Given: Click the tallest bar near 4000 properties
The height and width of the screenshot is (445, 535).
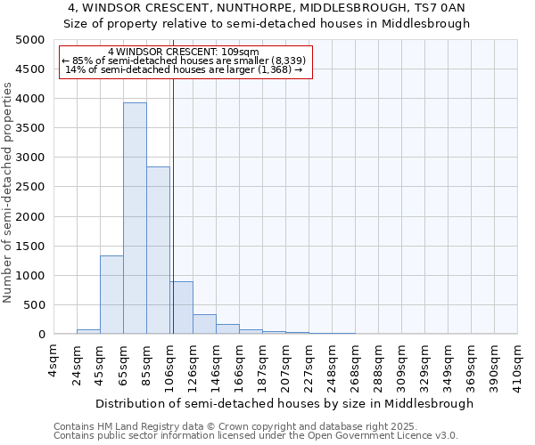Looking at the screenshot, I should (135, 218).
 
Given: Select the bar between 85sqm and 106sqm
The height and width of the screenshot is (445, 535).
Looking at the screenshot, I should (158, 250).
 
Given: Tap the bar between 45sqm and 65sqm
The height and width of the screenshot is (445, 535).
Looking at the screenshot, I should (111, 295).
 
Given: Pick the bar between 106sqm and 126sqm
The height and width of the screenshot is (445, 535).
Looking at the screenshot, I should (181, 308).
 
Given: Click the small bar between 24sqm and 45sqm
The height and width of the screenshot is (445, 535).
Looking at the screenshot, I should (88, 332).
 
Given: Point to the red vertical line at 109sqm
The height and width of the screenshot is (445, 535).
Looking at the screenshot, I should (173, 222).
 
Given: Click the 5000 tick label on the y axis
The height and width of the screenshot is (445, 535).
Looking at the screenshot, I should (30, 40).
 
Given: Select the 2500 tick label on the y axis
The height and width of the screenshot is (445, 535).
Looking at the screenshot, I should (30, 187).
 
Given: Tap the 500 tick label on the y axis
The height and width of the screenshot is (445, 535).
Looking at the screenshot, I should (34, 305).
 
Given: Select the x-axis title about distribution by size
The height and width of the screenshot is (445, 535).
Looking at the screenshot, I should (284, 403).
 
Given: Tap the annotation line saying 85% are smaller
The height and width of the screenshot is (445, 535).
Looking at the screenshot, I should (185, 61).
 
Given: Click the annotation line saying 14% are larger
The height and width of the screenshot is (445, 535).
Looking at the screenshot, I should (185, 69).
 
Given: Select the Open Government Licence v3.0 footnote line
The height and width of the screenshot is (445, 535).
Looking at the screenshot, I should (256, 436).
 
